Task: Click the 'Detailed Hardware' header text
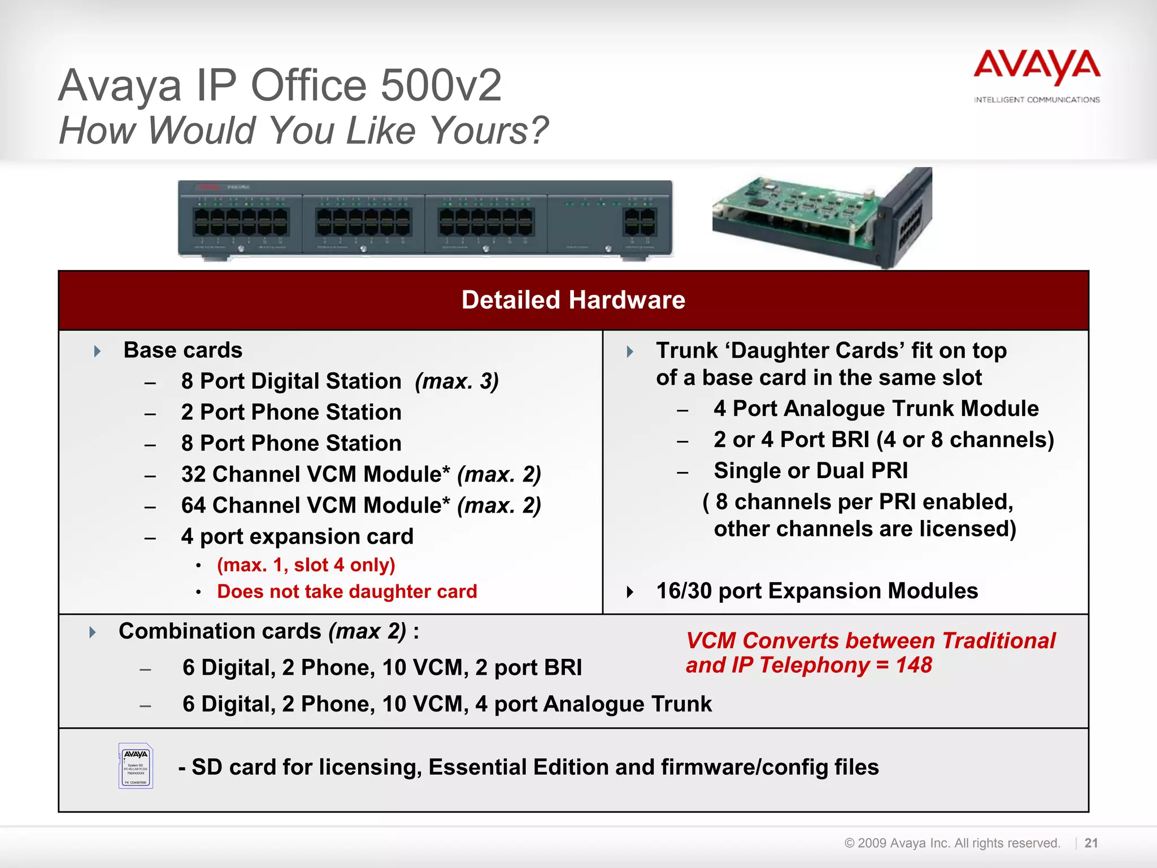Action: tap(573, 300)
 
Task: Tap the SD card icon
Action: tap(136, 766)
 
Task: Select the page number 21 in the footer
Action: tap(1091, 843)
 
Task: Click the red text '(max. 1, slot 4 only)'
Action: tap(306, 565)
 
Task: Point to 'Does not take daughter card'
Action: tap(347, 591)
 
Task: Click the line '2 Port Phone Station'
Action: tap(291, 412)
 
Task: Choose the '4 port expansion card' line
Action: tap(297, 536)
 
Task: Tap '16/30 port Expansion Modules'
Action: tap(816, 591)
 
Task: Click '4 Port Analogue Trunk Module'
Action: tap(876, 409)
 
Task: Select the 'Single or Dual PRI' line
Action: tap(811, 471)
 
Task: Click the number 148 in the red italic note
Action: tap(914, 665)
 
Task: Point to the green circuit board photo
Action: tap(819, 218)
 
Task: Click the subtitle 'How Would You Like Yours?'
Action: tap(303, 131)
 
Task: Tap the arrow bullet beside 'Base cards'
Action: tap(97, 351)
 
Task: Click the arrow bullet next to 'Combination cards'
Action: tap(93, 632)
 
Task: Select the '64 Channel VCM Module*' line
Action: tap(360, 505)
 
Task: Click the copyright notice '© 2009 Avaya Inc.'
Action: tap(951, 843)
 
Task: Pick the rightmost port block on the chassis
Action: tap(640, 222)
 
